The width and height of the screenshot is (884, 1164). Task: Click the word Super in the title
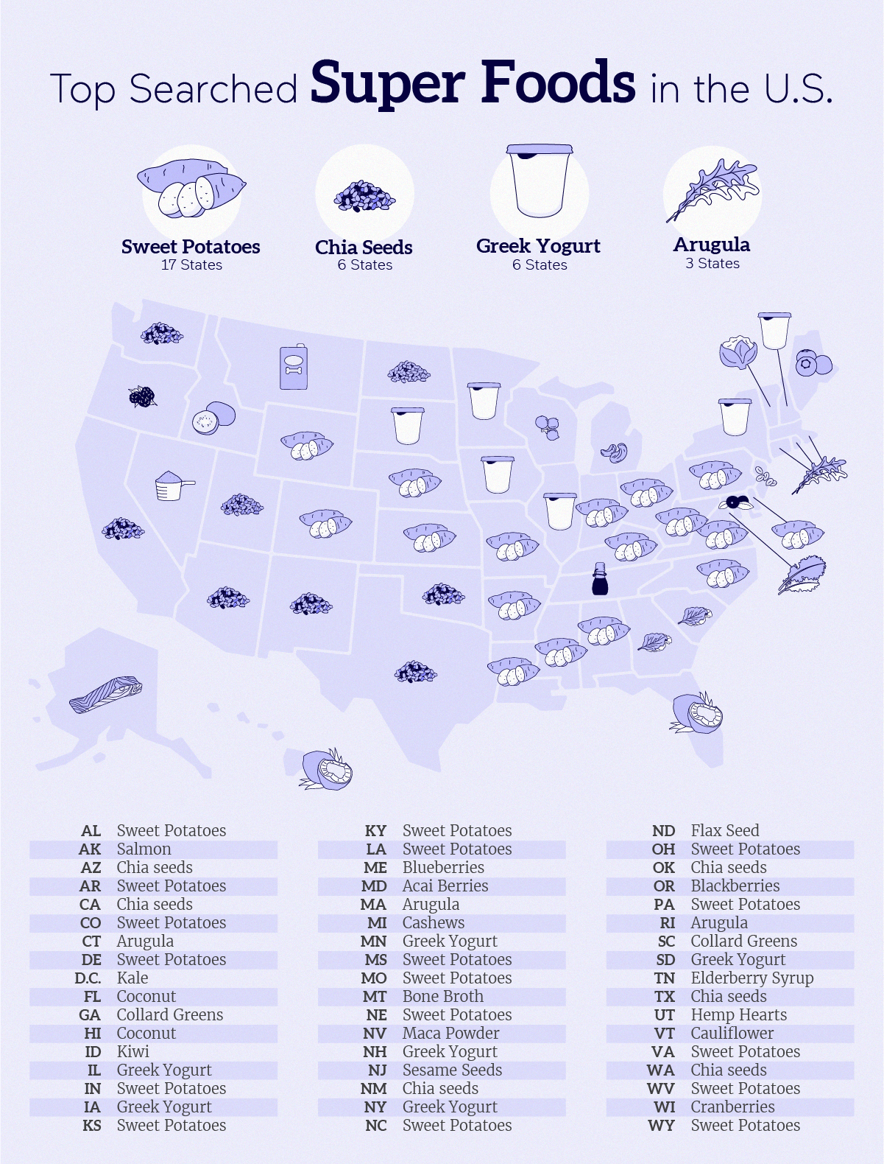(x=387, y=83)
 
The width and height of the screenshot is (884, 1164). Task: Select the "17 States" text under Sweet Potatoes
(x=191, y=265)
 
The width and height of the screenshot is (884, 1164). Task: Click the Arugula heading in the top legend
(x=712, y=245)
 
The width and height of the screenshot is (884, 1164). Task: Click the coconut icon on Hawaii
(x=328, y=769)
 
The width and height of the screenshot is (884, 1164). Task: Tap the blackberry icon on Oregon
(x=142, y=396)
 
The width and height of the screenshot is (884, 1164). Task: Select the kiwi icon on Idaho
(x=213, y=418)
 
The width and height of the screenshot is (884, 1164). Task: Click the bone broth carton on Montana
(x=293, y=367)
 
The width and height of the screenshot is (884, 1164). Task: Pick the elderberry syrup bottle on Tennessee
(x=601, y=579)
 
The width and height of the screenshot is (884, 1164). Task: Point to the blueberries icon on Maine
(x=813, y=363)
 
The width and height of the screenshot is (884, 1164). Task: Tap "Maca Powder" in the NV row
(x=450, y=1033)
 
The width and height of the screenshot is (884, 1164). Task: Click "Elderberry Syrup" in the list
(x=752, y=978)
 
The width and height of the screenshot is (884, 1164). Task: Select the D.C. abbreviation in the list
(x=88, y=978)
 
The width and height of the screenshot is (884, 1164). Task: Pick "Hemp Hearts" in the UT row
(x=738, y=1014)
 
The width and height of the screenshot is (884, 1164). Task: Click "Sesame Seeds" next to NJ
(x=452, y=1070)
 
